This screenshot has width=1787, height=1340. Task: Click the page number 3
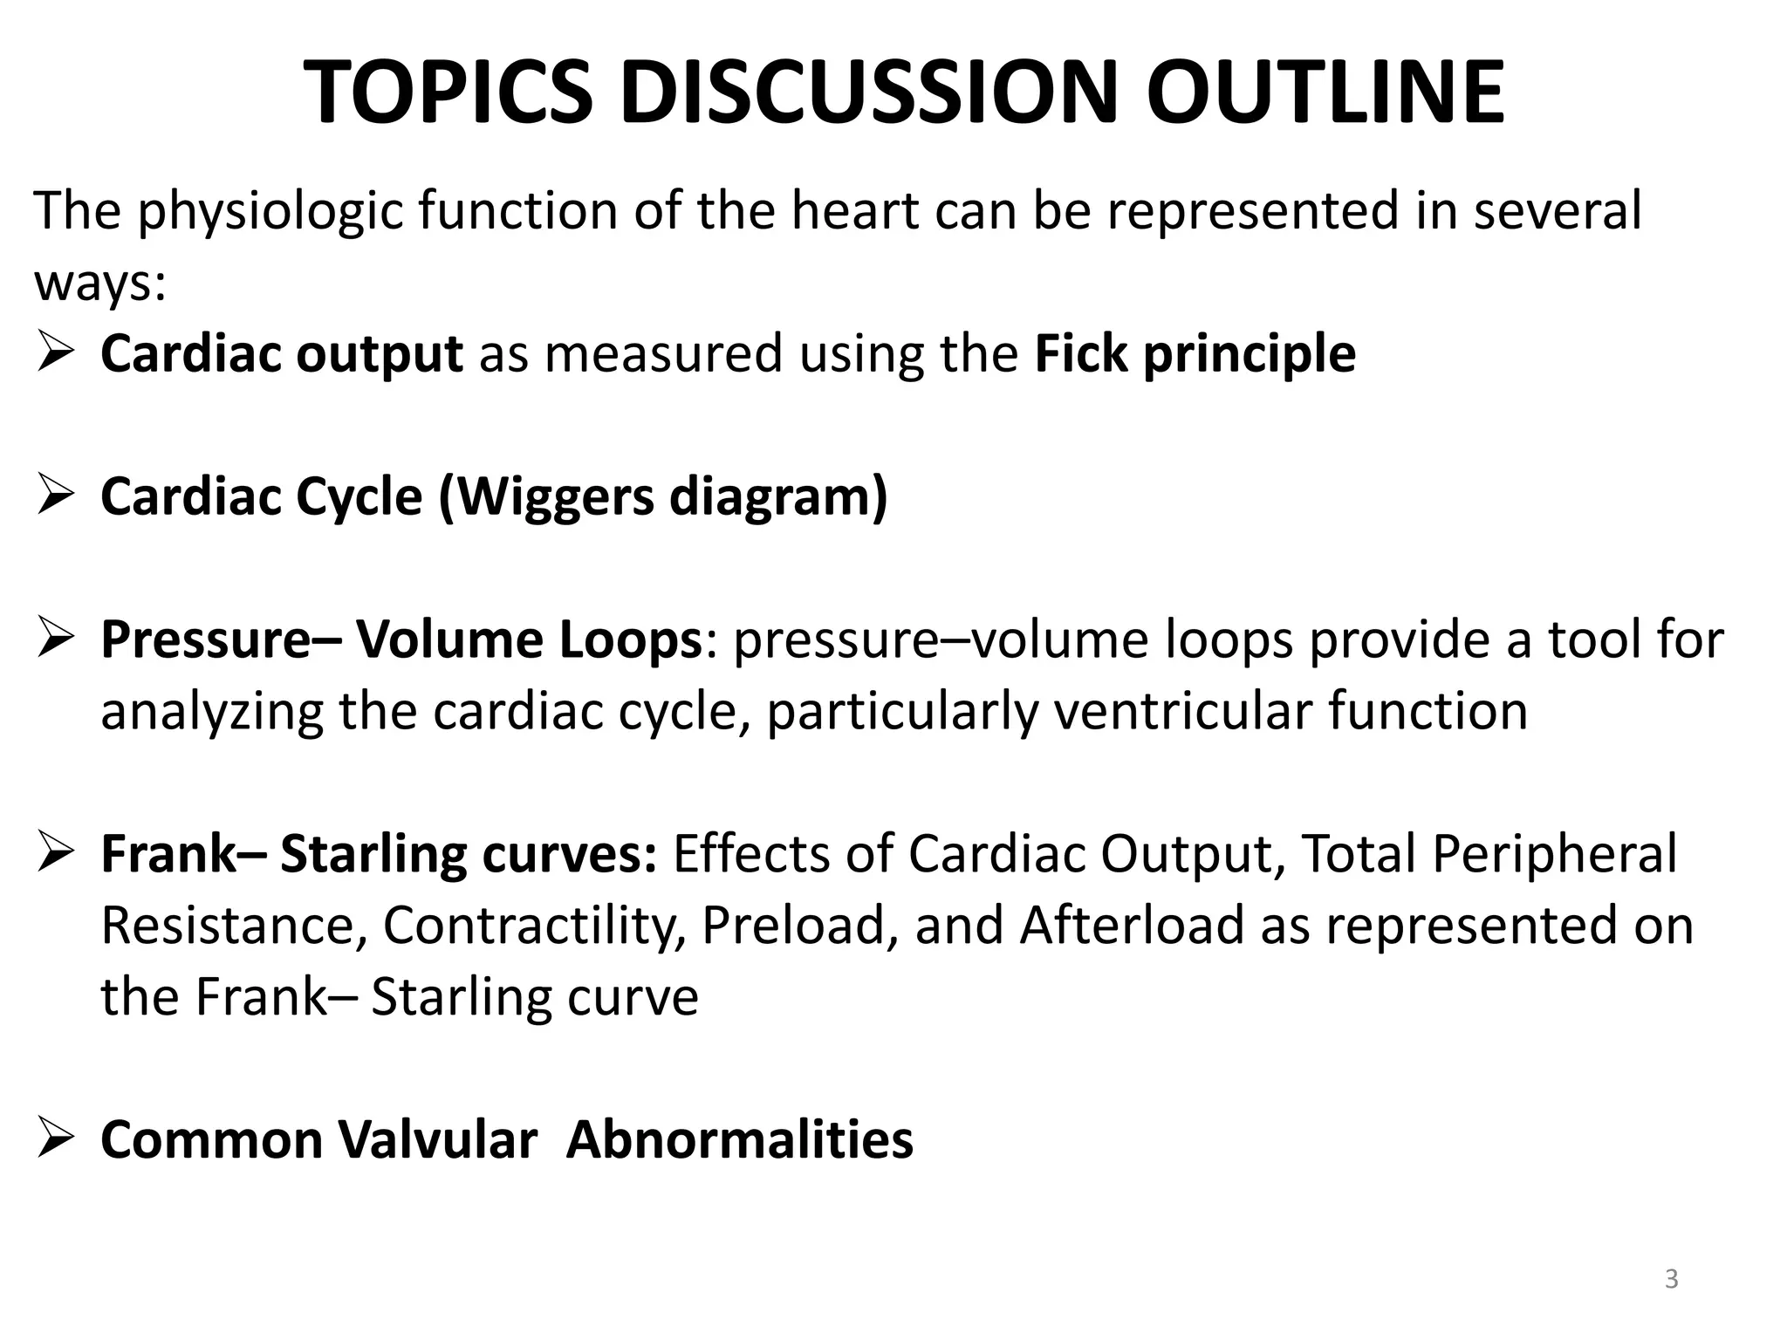pyautogui.click(x=1671, y=1279)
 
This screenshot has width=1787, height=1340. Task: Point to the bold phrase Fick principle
pyautogui.click(x=1195, y=354)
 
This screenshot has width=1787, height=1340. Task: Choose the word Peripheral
pyautogui.click(x=1554, y=854)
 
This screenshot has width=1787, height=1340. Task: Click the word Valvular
pyautogui.click(x=437, y=1140)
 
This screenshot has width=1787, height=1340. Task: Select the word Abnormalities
pyautogui.click(x=739, y=1140)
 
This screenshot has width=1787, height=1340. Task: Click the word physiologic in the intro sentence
pyautogui.click(x=270, y=212)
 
